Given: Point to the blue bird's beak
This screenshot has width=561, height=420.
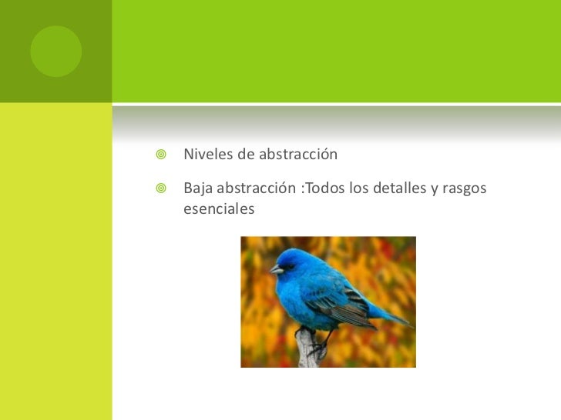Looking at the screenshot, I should [276, 269].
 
